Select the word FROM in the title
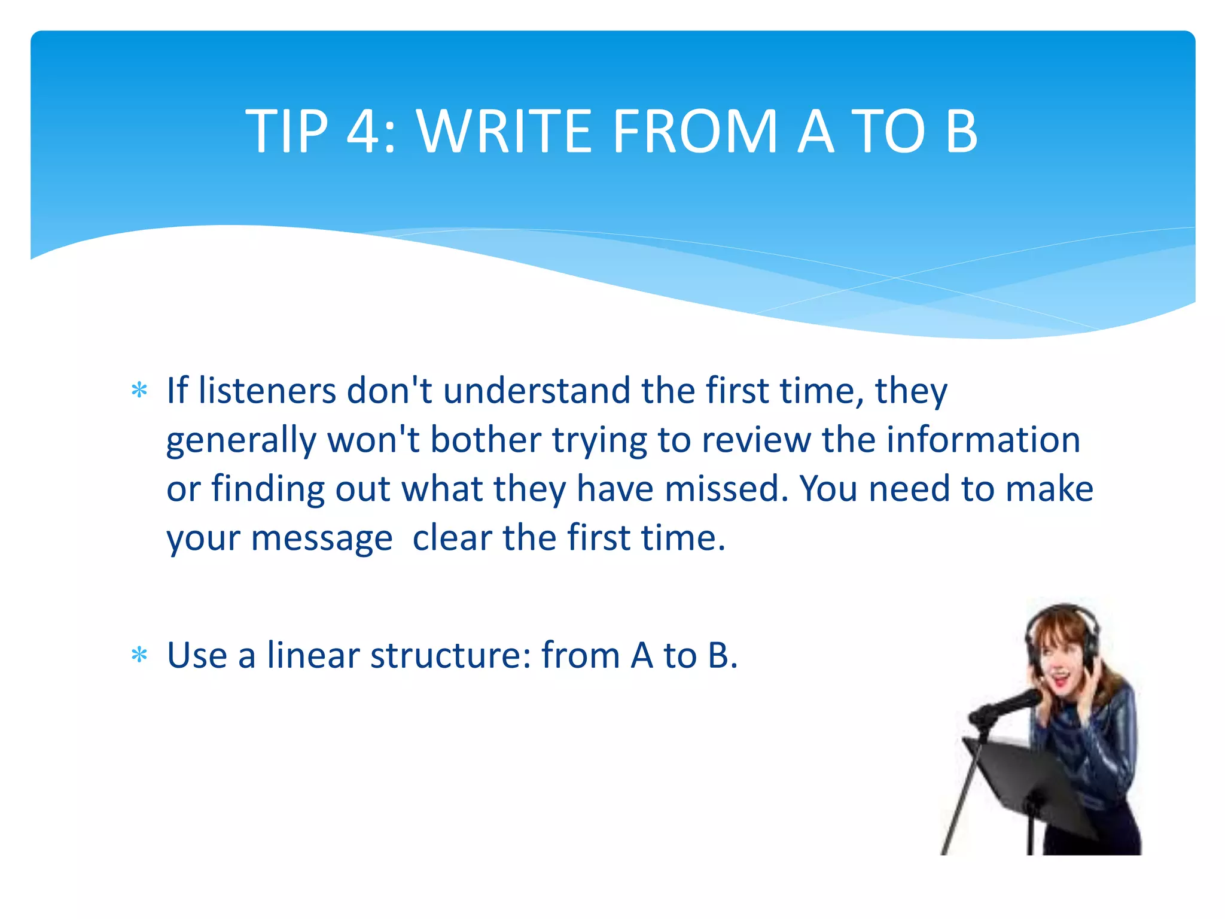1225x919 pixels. pyautogui.click(x=694, y=131)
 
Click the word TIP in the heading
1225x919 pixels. pyautogui.click(x=287, y=131)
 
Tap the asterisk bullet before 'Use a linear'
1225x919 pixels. pyautogui.click(x=139, y=656)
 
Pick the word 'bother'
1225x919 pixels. pyautogui.click(x=486, y=440)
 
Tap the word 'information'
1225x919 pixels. pyautogui.click(x=983, y=440)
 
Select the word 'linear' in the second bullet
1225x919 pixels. pyautogui.click(x=313, y=656)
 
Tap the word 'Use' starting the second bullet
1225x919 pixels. pyautogui.click(x=197, y=656)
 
